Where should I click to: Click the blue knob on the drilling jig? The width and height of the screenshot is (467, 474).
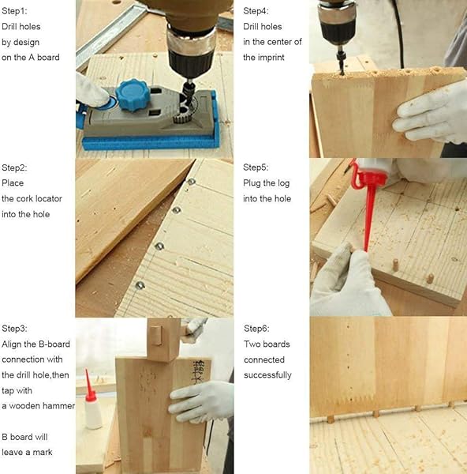[133, 94]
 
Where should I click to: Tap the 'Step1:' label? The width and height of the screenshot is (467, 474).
[14, 11]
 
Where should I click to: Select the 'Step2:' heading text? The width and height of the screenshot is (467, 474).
[14, 167]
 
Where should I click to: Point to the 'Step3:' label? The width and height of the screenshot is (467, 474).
[14, 329]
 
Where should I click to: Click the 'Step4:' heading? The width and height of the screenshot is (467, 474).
[256, 11]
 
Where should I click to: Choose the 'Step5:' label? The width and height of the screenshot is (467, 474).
[256, 167]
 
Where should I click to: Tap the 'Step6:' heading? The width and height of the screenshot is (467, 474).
[256, 329]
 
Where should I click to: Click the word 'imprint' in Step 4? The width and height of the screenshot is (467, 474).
[271, 57]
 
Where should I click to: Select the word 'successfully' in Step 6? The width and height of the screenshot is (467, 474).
[267, 375]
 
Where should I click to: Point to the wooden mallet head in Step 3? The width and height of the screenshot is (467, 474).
[164, 339]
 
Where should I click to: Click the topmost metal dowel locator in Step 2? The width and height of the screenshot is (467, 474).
[192, 182]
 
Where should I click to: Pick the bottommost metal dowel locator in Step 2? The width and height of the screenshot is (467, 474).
[140, 284]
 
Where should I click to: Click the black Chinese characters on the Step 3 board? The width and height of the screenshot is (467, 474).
[198, 372]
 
